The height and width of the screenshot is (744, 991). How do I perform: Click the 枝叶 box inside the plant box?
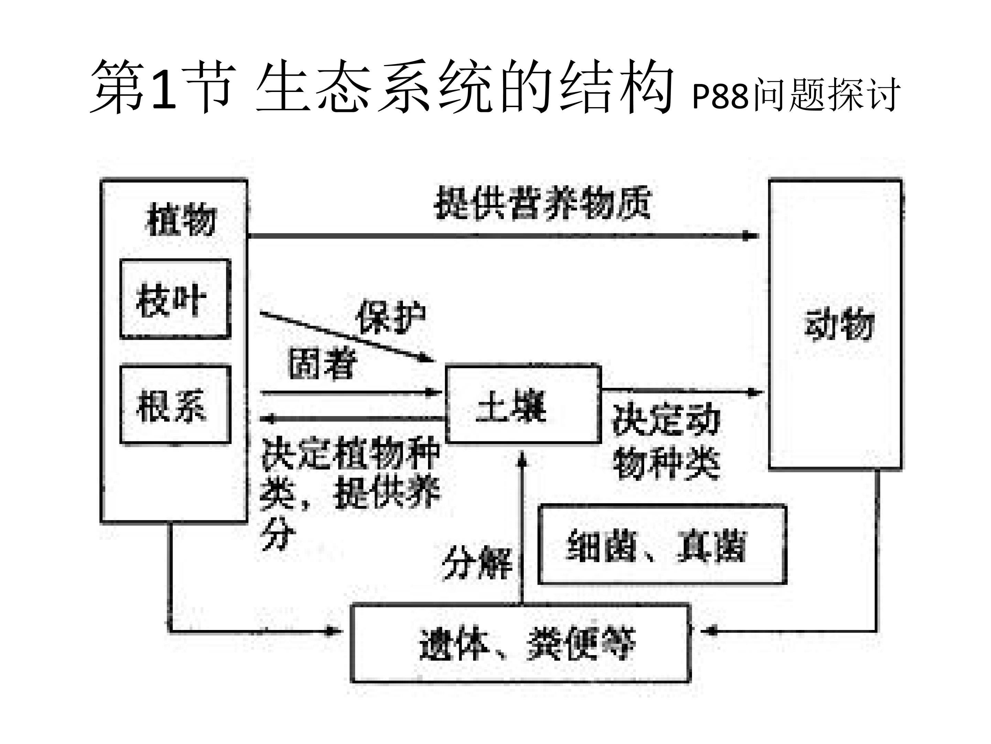[x=175, y=299]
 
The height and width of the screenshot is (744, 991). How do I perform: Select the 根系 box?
[x=175, y=404]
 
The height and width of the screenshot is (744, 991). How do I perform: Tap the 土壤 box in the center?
[x=523, y=404]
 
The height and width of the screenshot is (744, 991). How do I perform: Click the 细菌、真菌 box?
[x=662, y=545]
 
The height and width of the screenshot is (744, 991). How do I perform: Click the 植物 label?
[x=181, y=220]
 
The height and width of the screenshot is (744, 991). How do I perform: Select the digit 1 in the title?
[x=164, y=87]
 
